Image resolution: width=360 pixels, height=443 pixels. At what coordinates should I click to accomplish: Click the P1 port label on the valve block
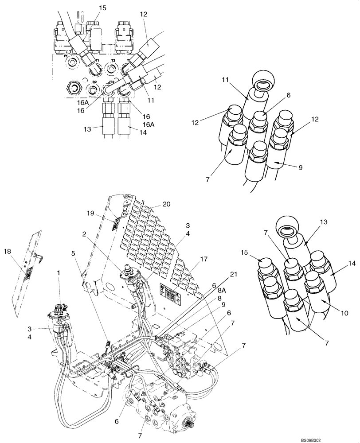(x=66, y=57)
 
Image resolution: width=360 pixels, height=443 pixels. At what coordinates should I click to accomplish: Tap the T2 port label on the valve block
(x=113, y=60)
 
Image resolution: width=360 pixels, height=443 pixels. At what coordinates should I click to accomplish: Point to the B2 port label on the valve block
(x=94, y=82)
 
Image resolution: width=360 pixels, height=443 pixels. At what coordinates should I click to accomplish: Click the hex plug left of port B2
(x=74, y=87)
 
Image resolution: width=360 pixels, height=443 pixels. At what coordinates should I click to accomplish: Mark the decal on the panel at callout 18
(x=27, y=273)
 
